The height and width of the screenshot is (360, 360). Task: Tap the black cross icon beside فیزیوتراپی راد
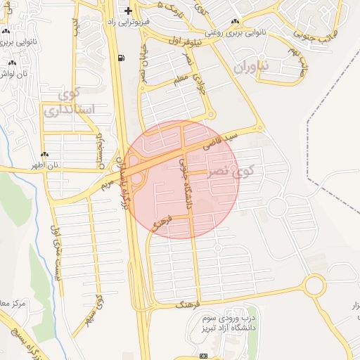tap(127, 11)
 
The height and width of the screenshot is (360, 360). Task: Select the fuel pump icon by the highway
tap(123, 58)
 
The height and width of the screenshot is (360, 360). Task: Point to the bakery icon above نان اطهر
tap(45, 154)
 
